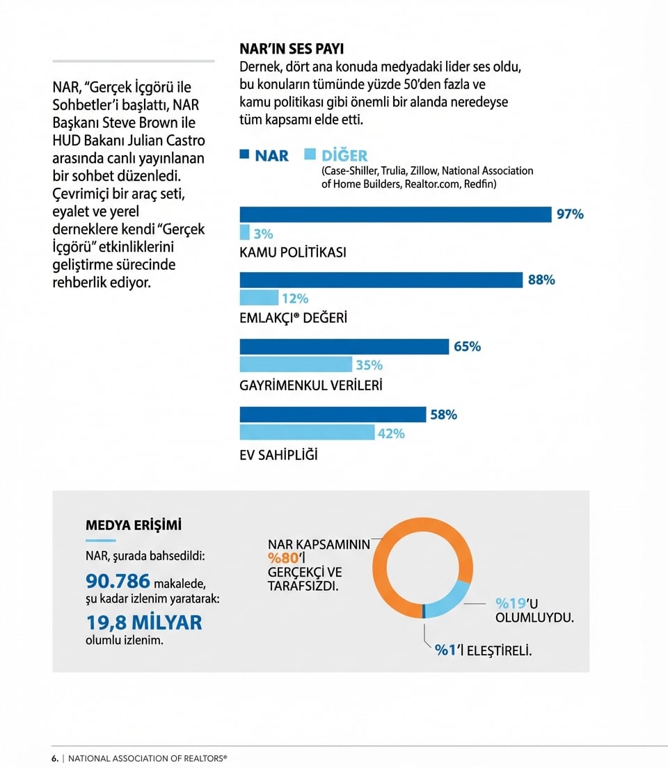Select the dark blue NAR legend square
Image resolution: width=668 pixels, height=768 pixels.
tap(244, 155)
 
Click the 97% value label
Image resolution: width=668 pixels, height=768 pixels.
tap(569, 214)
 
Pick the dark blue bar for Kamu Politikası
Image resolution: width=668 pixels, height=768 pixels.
tap(395, 214)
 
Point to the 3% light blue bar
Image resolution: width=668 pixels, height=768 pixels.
tap(244, 233)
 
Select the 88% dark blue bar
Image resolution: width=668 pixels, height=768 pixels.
tap(381, 280)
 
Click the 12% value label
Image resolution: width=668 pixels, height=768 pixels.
tap(294, 298)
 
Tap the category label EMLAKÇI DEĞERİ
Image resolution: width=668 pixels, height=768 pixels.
tap(293, 318)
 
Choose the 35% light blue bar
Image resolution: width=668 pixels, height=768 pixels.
tap(296, 365)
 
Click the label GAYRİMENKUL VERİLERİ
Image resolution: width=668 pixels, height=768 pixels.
tap(311, 385)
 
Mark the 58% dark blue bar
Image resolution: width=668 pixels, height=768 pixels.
tap(333, 415)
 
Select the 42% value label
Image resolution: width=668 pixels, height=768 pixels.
tap(390, 433)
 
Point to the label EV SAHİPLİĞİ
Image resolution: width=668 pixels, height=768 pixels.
tap(278, 455)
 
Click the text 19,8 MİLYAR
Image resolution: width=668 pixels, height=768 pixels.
tap(144, 621)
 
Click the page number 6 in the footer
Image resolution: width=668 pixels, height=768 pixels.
tap(54, 758)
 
